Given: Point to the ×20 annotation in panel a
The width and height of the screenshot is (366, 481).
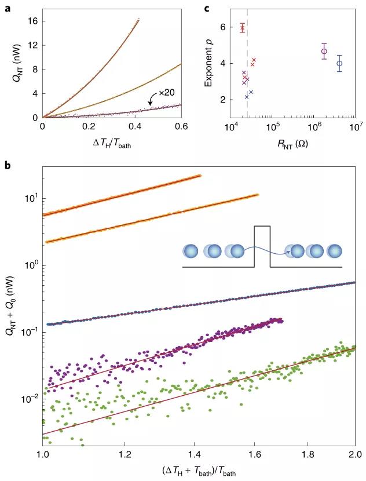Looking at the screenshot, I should pos(167,93).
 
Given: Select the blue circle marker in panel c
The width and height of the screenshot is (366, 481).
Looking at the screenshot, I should pos(340,63).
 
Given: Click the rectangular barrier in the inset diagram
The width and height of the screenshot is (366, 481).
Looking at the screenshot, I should pos(262,246).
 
